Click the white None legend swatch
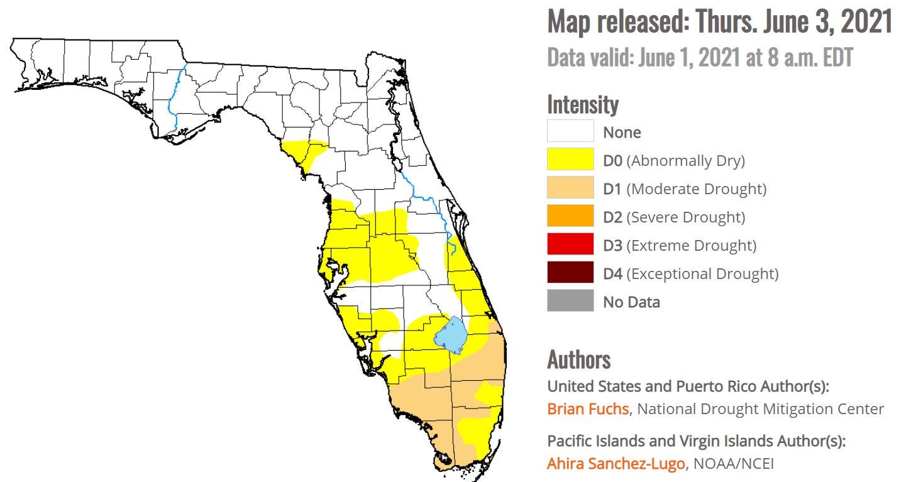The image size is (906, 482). click(x=570, y=131)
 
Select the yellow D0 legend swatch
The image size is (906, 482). click(x=570, y=160)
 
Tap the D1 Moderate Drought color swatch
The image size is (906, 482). click(x=570, y=188)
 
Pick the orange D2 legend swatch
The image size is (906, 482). click(x=570, y=216)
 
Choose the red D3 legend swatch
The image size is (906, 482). click(x=570, y=244)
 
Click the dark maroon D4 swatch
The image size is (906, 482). click(x=570, y=273)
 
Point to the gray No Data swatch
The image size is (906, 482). click(x=570, y=301)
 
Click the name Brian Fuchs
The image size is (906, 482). click(x=587, y=408)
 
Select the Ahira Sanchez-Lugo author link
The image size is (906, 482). click(x=616, y=464)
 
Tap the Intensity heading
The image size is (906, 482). click(x=583, y=104)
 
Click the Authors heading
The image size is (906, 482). click(x=578, y=359)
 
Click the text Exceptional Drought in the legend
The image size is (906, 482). click(x=702, y=273)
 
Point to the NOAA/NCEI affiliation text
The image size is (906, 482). click(x=733, y=464)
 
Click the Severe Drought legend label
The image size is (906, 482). click(x=686, y=217)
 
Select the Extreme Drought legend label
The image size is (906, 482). click(x=691, y=245)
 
